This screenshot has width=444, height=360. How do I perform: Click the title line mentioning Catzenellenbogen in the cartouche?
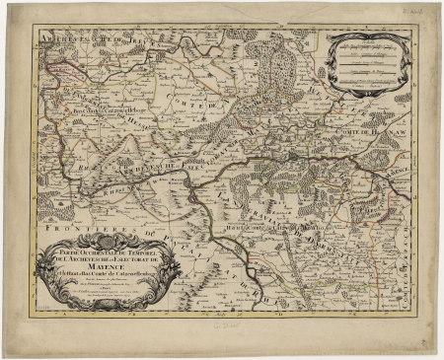tap(105, 272)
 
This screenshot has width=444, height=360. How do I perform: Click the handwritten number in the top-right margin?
tap(428, 7)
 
